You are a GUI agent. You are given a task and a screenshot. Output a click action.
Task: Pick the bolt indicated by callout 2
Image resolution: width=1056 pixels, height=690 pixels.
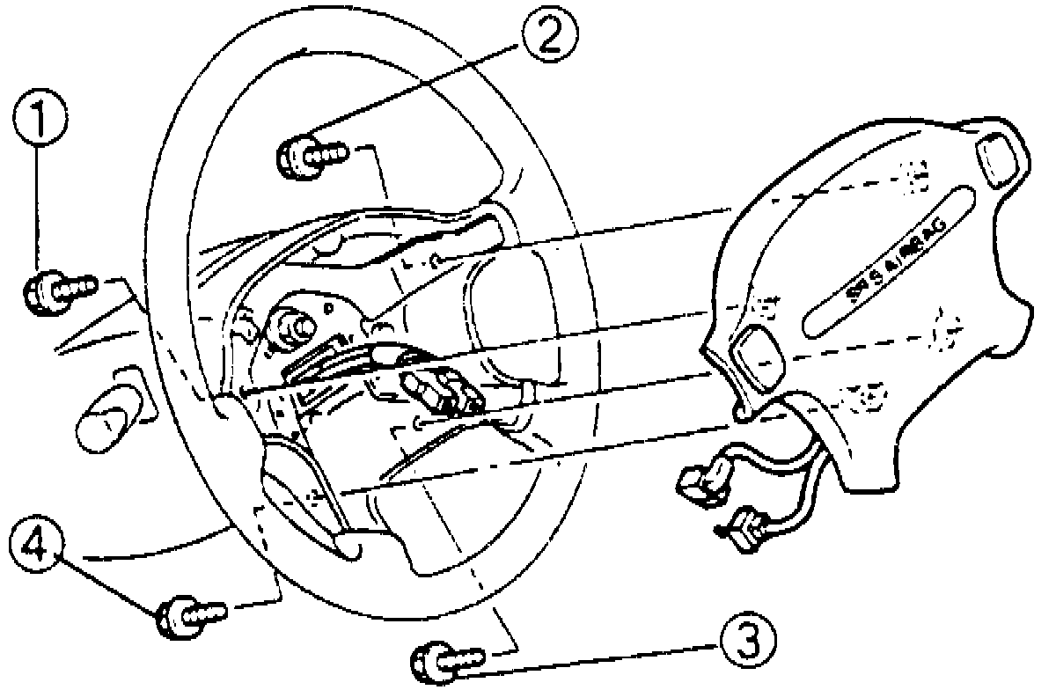pyautogui.click(x=312, y=156)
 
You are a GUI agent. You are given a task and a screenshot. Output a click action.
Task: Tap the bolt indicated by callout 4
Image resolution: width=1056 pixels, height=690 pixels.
pyautogui.click(x=188, y=613)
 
